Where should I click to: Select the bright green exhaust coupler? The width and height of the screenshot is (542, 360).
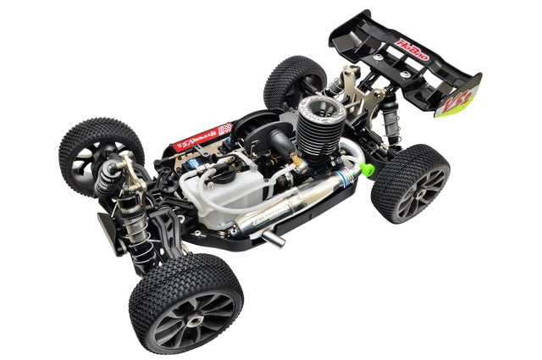click(x=368, y=169)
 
